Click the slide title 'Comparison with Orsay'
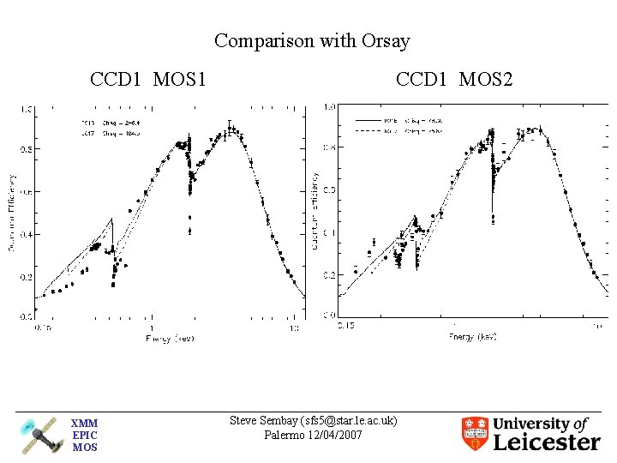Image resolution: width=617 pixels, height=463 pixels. (x=312, y=40)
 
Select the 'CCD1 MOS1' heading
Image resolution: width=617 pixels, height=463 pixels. (x=148, y=81)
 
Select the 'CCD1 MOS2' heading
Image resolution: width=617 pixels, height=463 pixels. (x=454, y=81)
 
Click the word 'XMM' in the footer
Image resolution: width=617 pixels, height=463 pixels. (x=84, y=424)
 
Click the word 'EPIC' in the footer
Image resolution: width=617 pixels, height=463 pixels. (x=84, y=436)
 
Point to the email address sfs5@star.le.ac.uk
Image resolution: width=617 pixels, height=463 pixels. (x=342, y=420)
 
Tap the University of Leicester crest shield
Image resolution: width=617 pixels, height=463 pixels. (x=475, y=434)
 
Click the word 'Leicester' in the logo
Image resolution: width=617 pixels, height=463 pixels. (x=548, y=442)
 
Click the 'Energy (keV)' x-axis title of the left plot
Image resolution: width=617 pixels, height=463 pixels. (x=169, y=339)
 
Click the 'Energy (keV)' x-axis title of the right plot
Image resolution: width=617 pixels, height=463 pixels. (x=472, y=337)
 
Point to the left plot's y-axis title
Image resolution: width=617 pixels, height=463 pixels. (x=12, y=212)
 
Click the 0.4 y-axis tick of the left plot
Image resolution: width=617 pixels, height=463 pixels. (x=27, y=234)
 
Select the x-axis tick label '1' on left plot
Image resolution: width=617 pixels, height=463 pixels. (x=151, y=328)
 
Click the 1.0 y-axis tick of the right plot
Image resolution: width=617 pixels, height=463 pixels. (x=329, y=107)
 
